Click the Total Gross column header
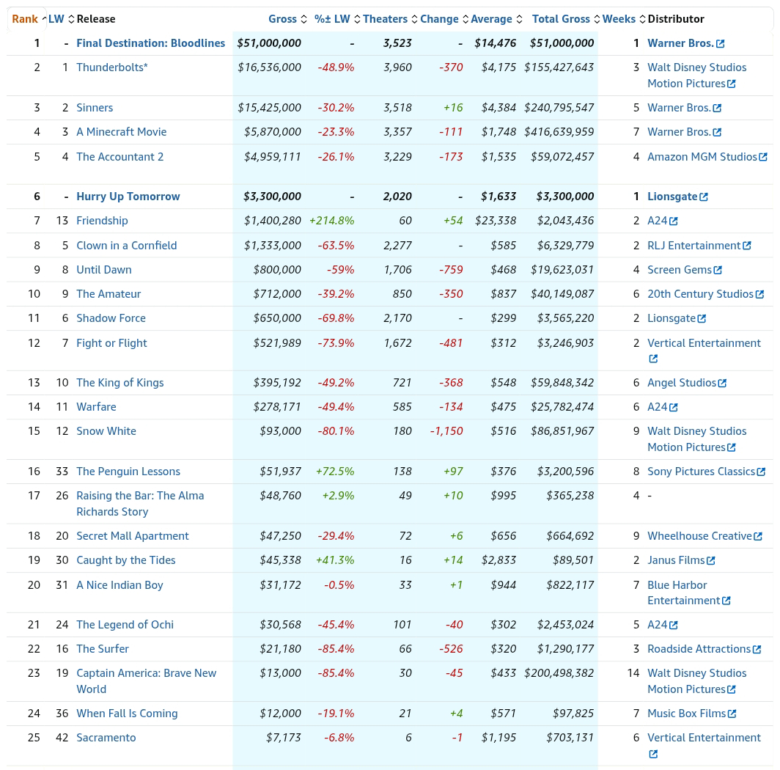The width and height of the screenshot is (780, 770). pyautogui.click(x=561, y=19)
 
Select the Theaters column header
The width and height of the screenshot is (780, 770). pyautogui.click(x=385, y=19)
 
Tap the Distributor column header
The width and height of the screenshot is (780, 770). pyautogui.click(x=676, y=19)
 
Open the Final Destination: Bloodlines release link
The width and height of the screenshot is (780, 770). pyautogui.click(x=151, y=43)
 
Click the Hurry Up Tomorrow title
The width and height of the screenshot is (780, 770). pyautogui.click(x=128, y=197)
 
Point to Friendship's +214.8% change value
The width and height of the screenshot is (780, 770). pyautogui.click(x=332, y=221)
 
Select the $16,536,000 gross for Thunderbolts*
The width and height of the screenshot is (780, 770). pyautogui.click(x=269, y=67)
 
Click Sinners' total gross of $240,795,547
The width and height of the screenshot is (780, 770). pyautogui.click(x=559, y=108)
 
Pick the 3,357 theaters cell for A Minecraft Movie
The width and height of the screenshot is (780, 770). pyautogui.click(x=397, y=132)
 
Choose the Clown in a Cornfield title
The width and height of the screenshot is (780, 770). pyautogui.click(x=126, y=246)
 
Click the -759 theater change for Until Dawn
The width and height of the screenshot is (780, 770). pyautogui.click(x=451, y=270)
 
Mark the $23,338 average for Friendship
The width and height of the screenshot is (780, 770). pyautogui.click(x=496, y=221)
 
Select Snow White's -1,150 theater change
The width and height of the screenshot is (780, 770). pyautogui.click(x=446, y=431)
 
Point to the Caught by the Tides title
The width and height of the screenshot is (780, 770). pyautogui.click(x=126, y=560)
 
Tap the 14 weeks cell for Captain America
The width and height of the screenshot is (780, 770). pyautogui.click(x=633, y=673)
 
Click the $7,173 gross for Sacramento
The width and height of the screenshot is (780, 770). pyautogui.click(x=283, y=738)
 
